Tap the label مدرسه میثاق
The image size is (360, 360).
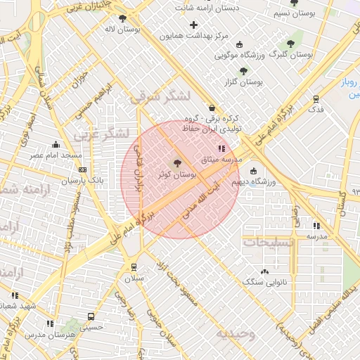(221, 160)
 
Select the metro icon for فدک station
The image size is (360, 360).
(316, 98)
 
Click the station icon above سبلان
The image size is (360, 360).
(134, 267)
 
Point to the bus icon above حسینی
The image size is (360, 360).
(91, 316)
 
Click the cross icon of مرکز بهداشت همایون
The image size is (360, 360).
(193, 25)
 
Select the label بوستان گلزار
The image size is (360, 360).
(243, 82)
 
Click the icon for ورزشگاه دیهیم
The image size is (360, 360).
(253, 172)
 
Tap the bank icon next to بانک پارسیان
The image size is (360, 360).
(83, 169)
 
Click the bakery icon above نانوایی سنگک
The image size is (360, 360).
(264, 271)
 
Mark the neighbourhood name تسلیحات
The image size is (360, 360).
(268, 241)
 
